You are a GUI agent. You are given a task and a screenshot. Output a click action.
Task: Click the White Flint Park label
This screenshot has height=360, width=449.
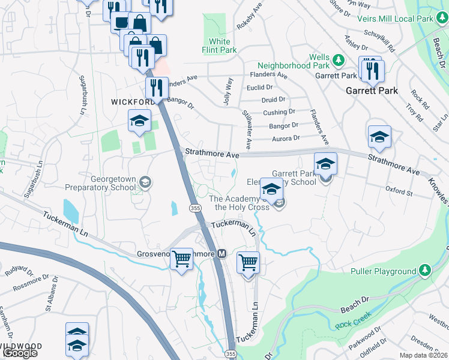220,46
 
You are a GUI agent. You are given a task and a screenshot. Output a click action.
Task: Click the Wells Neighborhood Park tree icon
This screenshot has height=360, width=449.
338,60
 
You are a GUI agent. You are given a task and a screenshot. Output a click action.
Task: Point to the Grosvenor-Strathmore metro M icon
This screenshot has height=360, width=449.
221,254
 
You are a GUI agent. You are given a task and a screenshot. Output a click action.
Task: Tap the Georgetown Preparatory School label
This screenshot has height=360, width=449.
113,183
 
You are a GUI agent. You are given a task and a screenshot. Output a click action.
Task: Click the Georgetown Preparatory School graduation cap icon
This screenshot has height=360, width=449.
145,181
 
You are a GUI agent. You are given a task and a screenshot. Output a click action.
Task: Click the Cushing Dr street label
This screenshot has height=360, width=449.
279,112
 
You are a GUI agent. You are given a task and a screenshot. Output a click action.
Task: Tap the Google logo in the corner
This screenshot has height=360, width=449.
20,353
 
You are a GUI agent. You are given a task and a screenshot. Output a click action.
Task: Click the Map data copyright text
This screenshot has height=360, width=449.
424,355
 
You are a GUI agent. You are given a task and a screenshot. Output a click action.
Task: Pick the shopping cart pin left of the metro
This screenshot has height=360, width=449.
181,260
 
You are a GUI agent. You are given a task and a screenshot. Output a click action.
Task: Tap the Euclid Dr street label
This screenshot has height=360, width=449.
259,87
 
